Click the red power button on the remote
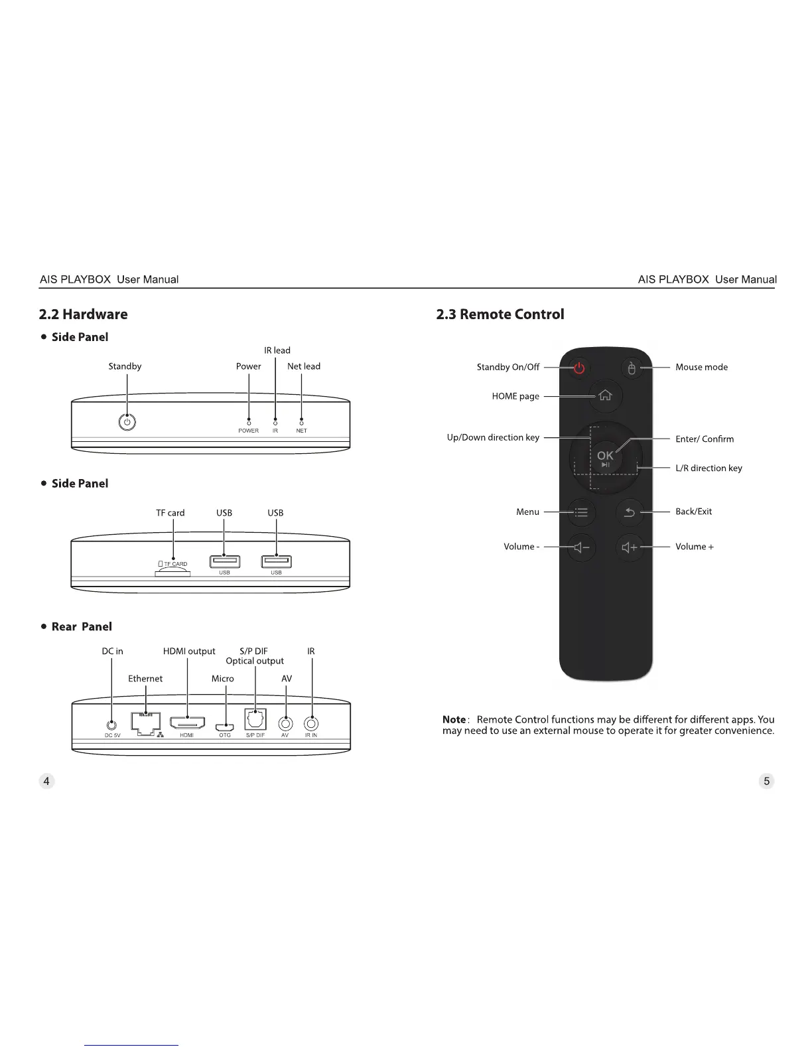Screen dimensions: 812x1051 point(579,368)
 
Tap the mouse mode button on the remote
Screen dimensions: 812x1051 point(632,368)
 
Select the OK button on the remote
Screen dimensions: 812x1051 point(605,456)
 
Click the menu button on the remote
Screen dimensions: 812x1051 point(581,512)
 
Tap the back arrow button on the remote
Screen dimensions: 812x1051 point(630,512)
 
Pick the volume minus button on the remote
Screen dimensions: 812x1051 point(581,547)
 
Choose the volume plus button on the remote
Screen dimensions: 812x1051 point(630,547)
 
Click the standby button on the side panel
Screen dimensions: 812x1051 point(127,422)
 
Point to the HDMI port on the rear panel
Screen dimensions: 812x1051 point(187,723)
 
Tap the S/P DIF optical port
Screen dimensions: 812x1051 point(255,721)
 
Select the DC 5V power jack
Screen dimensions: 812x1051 point(112,725)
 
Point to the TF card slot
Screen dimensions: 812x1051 point(172,573)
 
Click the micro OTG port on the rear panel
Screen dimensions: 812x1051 point(226,727)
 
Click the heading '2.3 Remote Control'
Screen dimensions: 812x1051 point(500,315)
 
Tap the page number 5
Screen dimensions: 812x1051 point(766,781)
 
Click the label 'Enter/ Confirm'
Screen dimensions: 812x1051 point(705,439)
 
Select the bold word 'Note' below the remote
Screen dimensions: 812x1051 point(454,720)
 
